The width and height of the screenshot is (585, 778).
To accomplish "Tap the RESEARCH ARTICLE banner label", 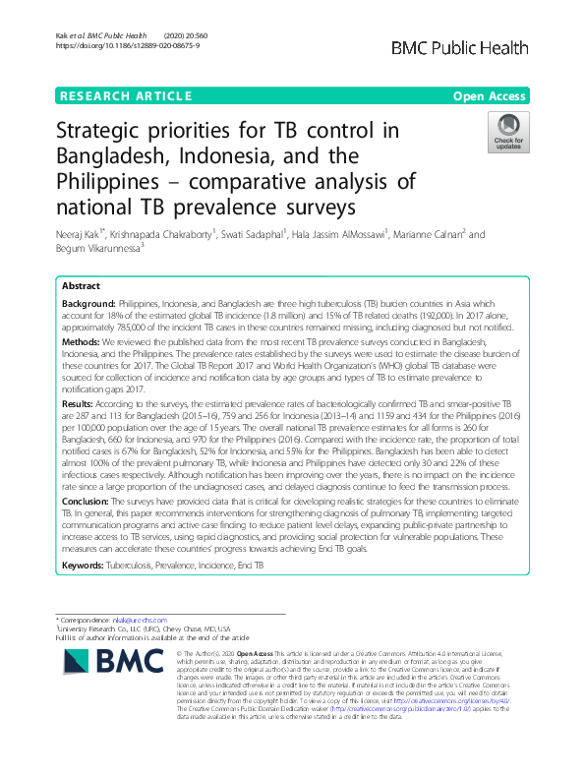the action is coord(125,96).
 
